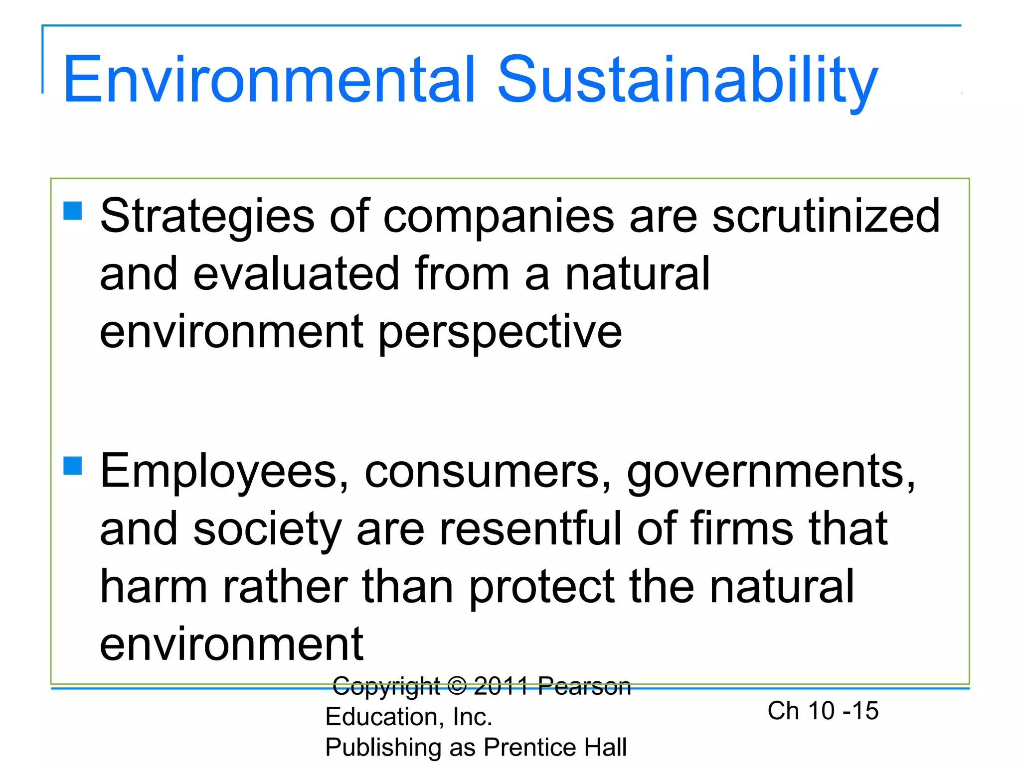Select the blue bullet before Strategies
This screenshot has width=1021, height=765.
click(x=73, y=211)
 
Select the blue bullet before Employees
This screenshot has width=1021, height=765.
click(x=73, y=466)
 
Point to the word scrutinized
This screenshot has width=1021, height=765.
click(x=826, y=217)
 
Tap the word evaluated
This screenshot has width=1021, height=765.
click(x=296, y=273)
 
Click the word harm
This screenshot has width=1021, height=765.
click(x=154, y=586)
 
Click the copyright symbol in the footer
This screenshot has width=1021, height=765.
click(x=457, y=686)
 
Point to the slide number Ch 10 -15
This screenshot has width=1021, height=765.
click(x=823, y=711)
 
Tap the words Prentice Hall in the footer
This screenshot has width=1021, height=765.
click(x=555, y=747)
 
